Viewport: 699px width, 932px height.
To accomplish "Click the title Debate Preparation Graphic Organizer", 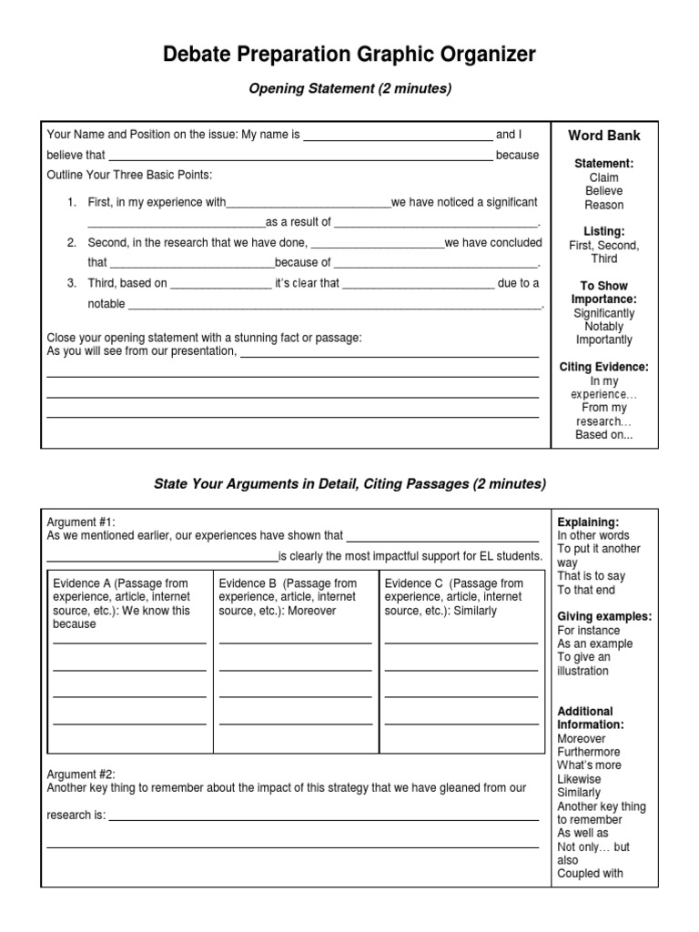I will click(349, 56).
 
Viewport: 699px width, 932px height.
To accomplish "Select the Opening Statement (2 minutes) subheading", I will click(349, 89).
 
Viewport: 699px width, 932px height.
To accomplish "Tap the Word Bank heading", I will click(604, 136).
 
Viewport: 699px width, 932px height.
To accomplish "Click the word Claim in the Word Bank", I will click(604, 177).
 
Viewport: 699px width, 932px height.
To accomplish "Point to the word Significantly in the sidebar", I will click(604, 313).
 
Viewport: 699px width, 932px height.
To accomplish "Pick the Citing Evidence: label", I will click(604, 367).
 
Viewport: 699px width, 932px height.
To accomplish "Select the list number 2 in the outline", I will click(71, 243).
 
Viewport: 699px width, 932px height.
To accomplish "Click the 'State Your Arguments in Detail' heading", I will click(349, 483).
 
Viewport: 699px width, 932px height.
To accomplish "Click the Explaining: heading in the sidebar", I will click(588, 522).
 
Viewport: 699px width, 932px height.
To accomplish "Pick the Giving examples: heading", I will click(604, 616).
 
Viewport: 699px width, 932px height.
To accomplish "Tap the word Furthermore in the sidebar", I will click(589, 752).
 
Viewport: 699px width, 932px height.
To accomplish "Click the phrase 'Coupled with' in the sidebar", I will click(590, 874).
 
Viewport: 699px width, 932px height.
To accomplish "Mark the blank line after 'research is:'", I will click(323, 817).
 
